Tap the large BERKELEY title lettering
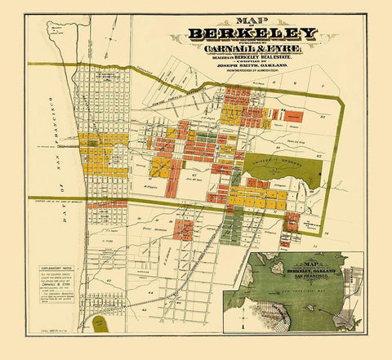[252, 34]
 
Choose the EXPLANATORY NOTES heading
[56, 266]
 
